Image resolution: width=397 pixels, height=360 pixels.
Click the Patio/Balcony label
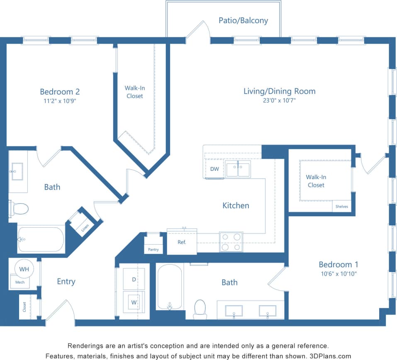tap(243, 20)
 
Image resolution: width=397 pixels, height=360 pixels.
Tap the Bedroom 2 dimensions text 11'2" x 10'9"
tap(60, 100)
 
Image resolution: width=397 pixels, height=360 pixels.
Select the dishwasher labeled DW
tap(214, 169)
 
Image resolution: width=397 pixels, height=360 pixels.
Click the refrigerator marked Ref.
tap(182, 242)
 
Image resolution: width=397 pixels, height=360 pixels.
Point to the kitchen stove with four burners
tap(231, 242)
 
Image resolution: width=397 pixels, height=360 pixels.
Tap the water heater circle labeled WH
tap(24, 269)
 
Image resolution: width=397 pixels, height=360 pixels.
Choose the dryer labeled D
tap(134, 280)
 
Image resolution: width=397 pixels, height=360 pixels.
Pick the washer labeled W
tap(134, 302)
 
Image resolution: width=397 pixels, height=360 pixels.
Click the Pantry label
tap(153, 250)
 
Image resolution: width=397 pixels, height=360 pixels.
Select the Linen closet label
tap(85, 227)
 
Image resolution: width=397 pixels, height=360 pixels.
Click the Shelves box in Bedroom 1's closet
tap(342, 207)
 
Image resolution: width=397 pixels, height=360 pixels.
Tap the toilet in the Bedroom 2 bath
tap(19, 208)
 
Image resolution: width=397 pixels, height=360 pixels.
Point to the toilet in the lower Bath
tap(200, 309)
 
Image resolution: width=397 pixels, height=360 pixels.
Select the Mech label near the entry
tap(20, 282)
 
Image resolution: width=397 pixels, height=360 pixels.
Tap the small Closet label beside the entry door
tap(24, 307)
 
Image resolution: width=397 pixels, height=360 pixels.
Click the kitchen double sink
tap(238, 169)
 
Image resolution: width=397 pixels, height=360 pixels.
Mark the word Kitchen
tap(236, 205)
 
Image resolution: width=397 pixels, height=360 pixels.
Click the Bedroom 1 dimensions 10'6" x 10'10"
tap(338, 273)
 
